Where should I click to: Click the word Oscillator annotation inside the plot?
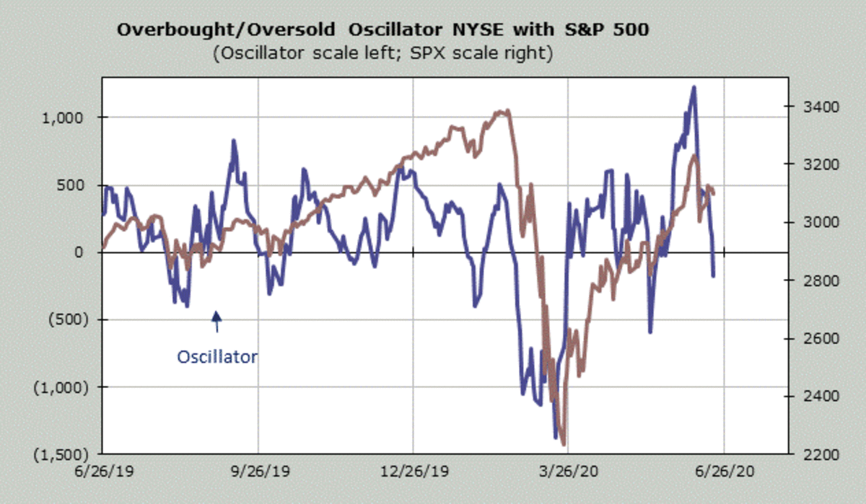click(x=216, y=356)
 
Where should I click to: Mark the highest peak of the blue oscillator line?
click(x=694, y=87)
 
